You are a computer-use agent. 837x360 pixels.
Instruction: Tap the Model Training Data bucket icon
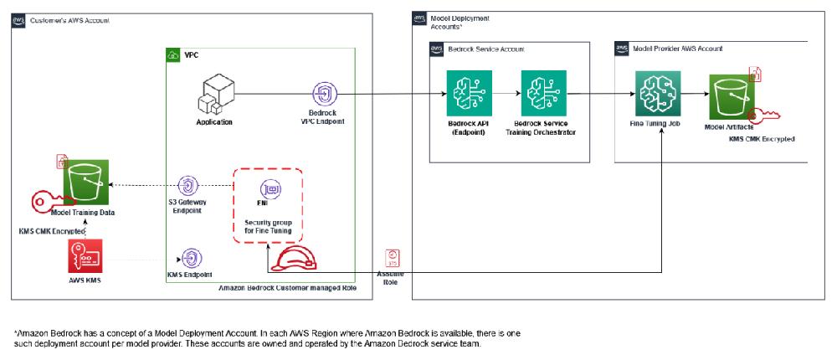[x=88, y=181]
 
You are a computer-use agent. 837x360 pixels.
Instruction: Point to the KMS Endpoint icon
[x=191, y=257]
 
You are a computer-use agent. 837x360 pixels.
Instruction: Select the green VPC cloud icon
[x=173, y=55]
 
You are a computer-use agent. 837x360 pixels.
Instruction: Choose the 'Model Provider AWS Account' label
[x=677, y=49]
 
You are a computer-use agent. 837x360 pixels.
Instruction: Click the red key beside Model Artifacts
[x=763, y=117]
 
